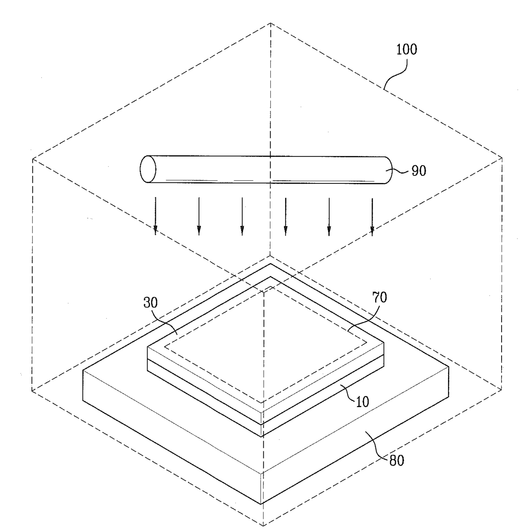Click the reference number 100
tap(406, 50)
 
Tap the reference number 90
tap(418, 171)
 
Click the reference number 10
tap(362, 401)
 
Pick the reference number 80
tap(396, 460)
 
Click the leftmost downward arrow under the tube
tap(156, 216)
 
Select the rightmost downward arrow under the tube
tap(372, 216)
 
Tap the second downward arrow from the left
tap(199, 216)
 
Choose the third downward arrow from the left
tap(242, 216)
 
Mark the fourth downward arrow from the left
tap(286, 216)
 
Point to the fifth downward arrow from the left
tap(329, 216)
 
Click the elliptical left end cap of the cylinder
tap(148, 169)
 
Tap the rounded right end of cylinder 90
tap(388, 170)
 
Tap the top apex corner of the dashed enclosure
tap(270, 23)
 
